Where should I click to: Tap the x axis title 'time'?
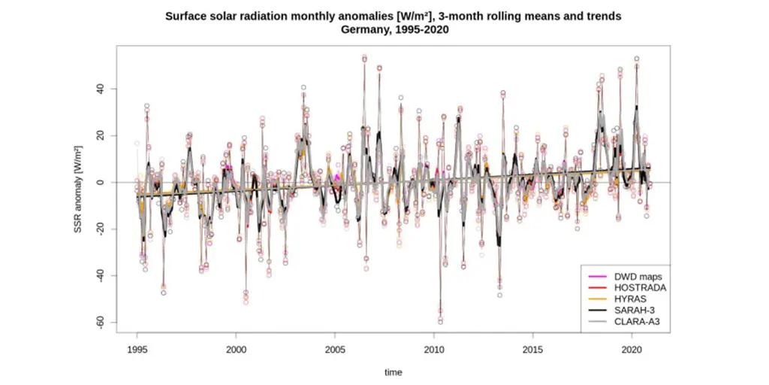(x=394, y=372)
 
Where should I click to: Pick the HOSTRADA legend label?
(x=638, y=287)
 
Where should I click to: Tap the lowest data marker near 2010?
(x=440, y=321)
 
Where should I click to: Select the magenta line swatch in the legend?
(x=596, y=276)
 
